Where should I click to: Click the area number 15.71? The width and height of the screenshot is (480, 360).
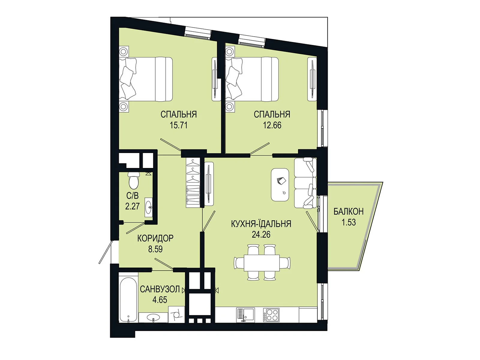(179, 125)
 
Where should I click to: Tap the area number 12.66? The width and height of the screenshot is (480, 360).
(272, 125)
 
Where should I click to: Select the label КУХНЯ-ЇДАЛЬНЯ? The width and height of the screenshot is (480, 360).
(261, 224)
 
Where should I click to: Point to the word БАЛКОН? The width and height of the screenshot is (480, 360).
(349, 211)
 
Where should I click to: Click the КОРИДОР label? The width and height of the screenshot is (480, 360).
(155, 238)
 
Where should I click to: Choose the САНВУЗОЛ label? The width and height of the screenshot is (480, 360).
(160, 289)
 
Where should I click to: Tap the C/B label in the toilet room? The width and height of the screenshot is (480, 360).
(133, 196)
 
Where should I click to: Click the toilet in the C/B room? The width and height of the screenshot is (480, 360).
(134, 180)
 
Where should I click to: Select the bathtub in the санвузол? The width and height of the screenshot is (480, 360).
(128, 300)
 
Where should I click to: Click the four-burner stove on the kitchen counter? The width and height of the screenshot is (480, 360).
(271, 315)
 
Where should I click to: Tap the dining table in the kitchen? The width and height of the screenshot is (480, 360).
(262, 263)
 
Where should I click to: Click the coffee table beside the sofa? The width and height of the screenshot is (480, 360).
(280, 185)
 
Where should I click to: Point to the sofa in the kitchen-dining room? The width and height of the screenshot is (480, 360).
(305, 183)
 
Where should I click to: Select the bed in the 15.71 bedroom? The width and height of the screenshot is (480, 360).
(145, 79)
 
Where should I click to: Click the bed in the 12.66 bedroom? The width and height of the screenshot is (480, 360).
(252, 79)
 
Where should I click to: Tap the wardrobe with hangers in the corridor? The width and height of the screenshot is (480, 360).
(193, 182)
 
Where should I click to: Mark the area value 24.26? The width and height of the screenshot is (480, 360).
(261, 235)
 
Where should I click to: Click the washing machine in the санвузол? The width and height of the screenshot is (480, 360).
(176, 314)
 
